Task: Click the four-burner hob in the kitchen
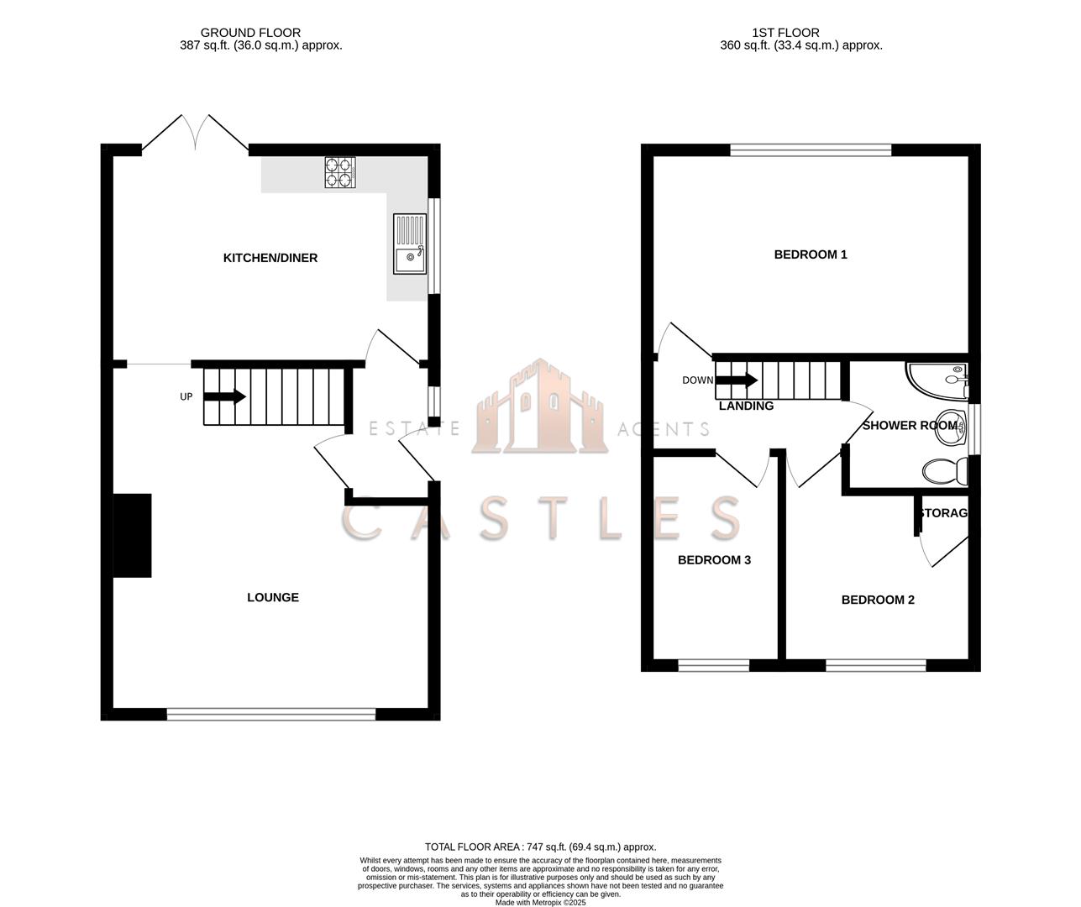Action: point(340,172)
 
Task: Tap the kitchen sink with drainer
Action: point(410,244)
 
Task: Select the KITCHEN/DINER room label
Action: point(270,258)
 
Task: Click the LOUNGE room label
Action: point(273,597)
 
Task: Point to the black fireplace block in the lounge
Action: point(133,535)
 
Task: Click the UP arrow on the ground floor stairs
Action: point(224,396)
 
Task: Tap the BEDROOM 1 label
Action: point(811,254)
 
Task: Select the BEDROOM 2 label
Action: point(878,600)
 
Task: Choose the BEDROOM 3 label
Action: point(714,560)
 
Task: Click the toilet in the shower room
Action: point(945,472)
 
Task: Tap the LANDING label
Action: point(746,406)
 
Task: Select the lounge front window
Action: point(271,714)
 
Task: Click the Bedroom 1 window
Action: point(811,150)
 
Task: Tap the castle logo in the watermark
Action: point(539,408)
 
